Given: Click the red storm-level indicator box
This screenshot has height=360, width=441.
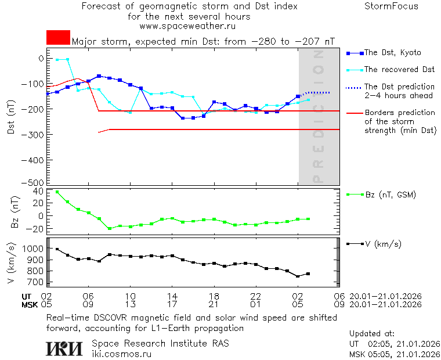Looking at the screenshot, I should click(x=58, y=37).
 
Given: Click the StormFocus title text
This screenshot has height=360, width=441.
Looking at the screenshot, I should click(x=391, y=6).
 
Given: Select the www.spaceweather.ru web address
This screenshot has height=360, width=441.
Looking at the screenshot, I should click(x=187, y=26).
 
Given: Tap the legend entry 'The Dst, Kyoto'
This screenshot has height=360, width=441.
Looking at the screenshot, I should click(x=393, y=53).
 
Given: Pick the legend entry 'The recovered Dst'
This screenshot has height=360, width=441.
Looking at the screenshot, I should click(x=399, y=70).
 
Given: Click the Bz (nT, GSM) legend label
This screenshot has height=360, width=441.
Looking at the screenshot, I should click(x=390, y=195).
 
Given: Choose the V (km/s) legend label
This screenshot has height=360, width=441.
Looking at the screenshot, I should click(x=382, y=244).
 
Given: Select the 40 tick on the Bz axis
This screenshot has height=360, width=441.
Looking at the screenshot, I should click(x=39, y=191).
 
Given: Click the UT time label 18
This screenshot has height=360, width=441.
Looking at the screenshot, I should click(x=214, y=296).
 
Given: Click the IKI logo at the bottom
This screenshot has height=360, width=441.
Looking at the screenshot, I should click(x=64, y=348).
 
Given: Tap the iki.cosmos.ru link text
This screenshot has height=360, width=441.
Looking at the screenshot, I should click(x=121, y=354).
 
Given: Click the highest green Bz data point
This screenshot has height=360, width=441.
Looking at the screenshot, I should click(x=57, y=192).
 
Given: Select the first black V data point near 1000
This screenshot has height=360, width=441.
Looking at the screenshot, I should click(x=57, y=249).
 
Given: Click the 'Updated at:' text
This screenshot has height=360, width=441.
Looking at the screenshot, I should click(x=372, y=334).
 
